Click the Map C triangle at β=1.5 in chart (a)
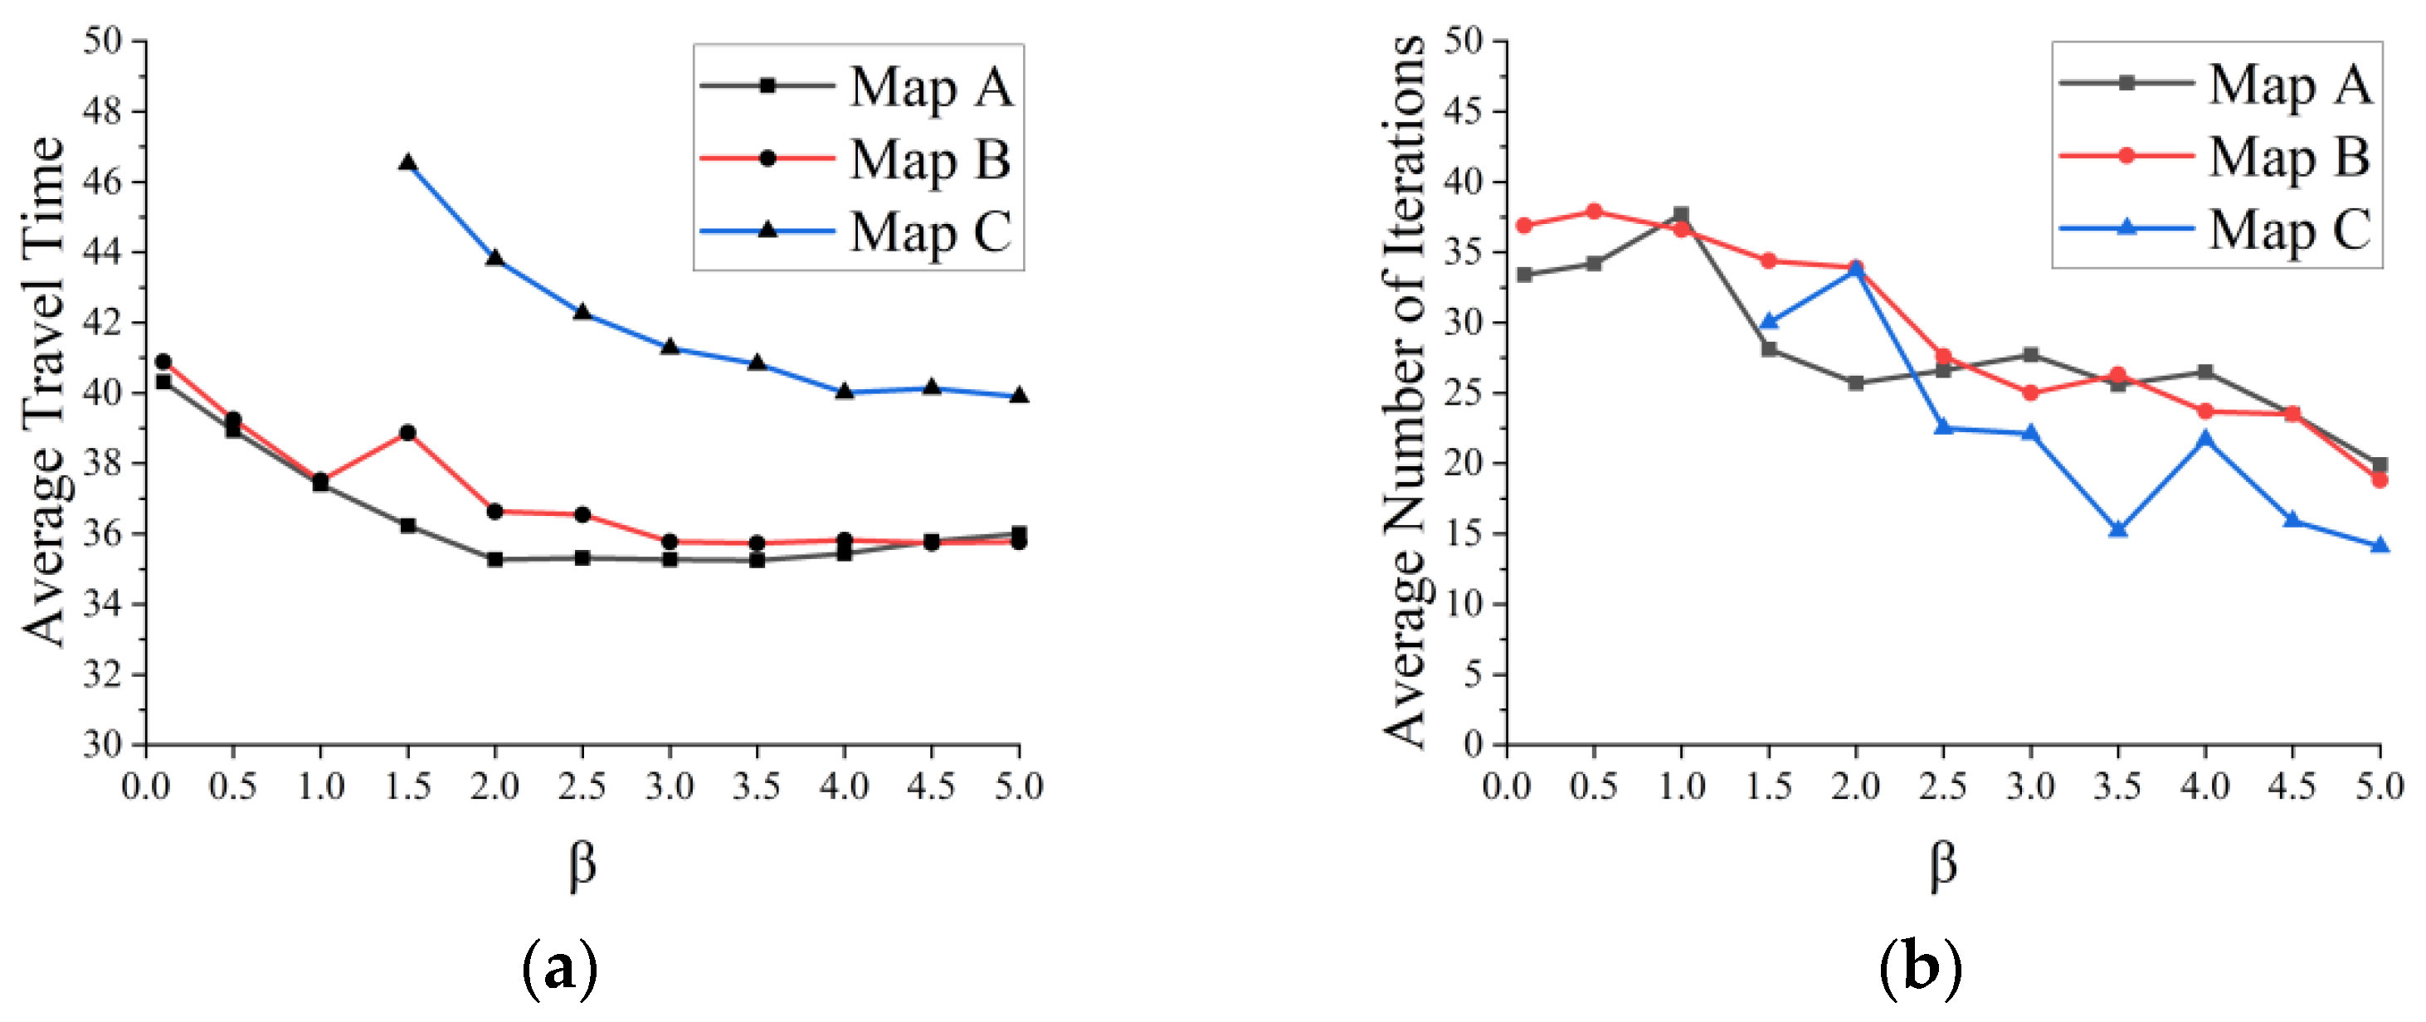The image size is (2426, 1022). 407,163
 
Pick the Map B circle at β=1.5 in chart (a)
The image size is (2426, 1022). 407,432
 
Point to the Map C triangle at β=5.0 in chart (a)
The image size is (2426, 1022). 1019,396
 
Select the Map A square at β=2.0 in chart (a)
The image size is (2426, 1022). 495,558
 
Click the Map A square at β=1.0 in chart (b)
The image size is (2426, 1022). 1681,215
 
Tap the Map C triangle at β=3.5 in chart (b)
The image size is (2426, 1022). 2118,529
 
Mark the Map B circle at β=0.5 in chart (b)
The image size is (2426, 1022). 1594,211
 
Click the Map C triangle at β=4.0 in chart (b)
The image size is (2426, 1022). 2205,439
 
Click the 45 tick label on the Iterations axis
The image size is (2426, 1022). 1463,111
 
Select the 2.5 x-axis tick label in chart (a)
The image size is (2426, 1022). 582,786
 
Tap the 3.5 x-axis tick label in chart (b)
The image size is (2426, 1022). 2118,786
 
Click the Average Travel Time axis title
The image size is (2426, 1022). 43,391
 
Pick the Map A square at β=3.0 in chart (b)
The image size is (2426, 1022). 2030,355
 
